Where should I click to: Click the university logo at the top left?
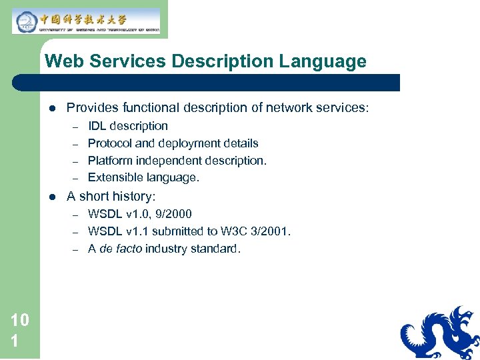pos(86,21)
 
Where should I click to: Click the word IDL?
pos(97,126)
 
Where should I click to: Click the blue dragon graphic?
pos(440,333)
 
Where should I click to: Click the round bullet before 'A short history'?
pos(51,197)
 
